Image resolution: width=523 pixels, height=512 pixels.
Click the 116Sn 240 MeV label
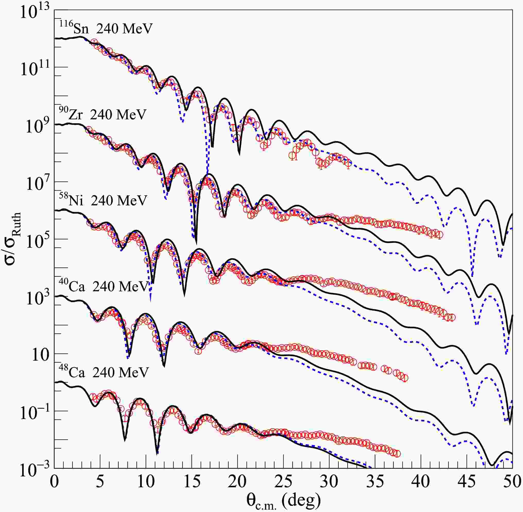pos(106,28)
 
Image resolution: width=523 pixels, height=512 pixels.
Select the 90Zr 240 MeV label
pos(102,114)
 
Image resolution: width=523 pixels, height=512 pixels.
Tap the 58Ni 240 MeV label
pos(103,200)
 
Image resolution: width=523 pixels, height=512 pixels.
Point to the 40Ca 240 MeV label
pos(104,287)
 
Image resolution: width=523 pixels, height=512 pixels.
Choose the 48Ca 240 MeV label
pos(104,373)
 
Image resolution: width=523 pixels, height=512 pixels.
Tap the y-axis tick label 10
pos(40,355)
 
